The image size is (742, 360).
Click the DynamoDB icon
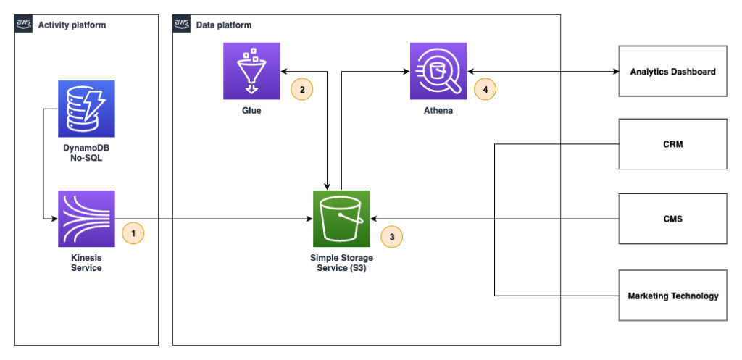click(x=86, y=109)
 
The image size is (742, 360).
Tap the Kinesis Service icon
click(x=86, y=219)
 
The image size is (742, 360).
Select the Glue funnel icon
click(x=251, y=71)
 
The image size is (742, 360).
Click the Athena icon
click(x=438, y=71)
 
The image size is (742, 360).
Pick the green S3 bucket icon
click(x=341, y=219)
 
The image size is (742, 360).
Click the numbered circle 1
click(x=133, y=233)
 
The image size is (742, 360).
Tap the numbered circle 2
click(x=301, y=89)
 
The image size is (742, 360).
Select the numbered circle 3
click(x=392, y=236)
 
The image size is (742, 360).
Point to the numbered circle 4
click(x=485, y=89)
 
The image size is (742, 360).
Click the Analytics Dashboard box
click(x=672, y=71)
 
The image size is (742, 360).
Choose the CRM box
click(x=672, y=144)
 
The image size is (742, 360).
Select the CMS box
click(x=672, y=218)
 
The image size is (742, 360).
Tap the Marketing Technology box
click(x=672, y=295)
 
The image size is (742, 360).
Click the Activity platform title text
click(x=72, y=25)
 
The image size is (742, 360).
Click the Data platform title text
click(x=224, y=25)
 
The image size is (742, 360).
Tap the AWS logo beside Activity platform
click(x=25, y=25)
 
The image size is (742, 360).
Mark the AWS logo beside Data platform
click(x=182, y=25)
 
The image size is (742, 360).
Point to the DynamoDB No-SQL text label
click(x=86, y=152)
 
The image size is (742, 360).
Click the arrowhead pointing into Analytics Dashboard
click(x=615, y=72)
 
